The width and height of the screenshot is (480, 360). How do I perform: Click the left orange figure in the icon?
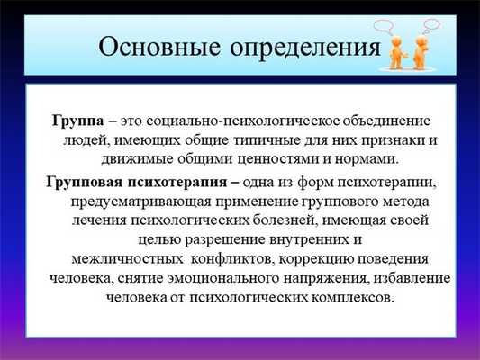coord(396,55)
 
